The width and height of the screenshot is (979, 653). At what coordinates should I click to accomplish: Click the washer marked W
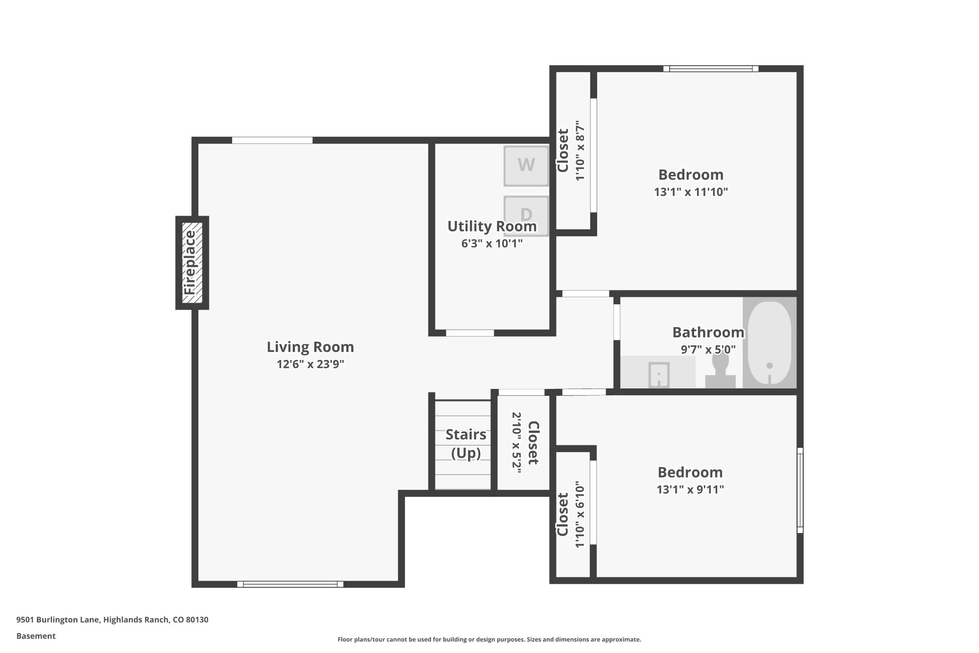tap(526, 166)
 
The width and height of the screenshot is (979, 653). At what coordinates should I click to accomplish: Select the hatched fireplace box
tap(192, 263)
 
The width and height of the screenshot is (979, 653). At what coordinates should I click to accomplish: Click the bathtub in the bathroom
tap(769, 343)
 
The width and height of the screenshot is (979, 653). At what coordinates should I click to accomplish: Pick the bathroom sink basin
tap(659, 375)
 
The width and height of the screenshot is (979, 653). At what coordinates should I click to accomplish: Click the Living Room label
tap(310, 347)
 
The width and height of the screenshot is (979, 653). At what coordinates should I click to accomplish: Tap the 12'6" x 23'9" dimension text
tap(310, 364)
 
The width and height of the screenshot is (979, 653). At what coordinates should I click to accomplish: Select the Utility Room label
tap(492, 226)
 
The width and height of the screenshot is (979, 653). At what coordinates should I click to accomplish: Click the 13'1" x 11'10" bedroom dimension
tap(691, 192)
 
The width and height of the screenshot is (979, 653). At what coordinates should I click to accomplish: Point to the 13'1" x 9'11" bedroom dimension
tap(690, 489)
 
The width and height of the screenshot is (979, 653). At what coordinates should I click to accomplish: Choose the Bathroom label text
tap(708, 332)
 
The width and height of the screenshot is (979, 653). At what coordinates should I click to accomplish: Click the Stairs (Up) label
tap(466, 444)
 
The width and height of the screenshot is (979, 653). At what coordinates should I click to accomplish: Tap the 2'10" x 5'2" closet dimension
tap(517, 443)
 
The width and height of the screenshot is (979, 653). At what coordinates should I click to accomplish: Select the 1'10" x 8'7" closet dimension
tap(580, 151)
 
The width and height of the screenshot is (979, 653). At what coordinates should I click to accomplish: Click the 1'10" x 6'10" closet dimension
tap(580, 514)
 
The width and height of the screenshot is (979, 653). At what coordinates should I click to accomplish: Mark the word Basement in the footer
tap(36, 636)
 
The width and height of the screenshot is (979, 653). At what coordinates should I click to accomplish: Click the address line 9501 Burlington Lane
tap(112, 620)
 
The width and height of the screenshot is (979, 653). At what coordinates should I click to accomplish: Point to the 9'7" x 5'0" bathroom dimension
tap(708, 349)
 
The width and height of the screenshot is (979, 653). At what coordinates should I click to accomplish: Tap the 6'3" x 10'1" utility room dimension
tap(492, 243)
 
